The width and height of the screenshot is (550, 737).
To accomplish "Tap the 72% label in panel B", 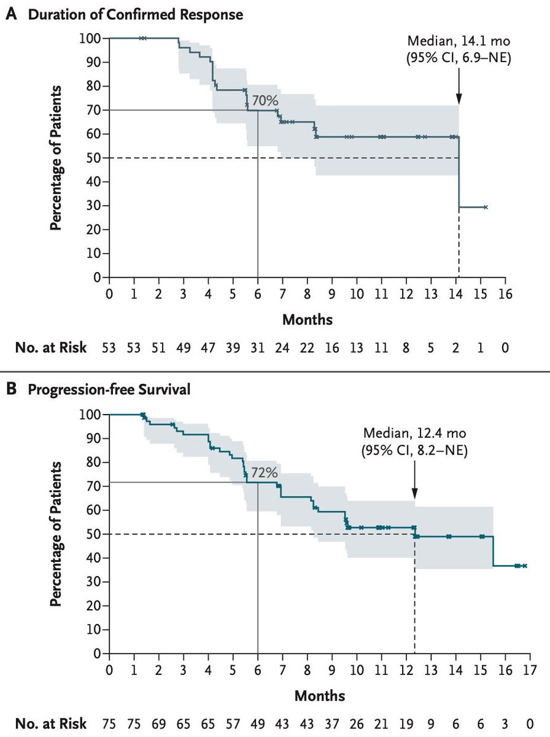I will pos(265,473).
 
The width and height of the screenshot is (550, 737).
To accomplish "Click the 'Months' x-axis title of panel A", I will pos(307,320).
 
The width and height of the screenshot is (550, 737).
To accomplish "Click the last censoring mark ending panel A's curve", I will pos(486,208).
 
